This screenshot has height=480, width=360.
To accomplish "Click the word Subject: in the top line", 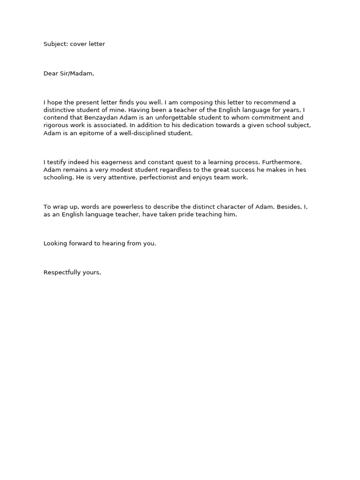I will click(56, 44).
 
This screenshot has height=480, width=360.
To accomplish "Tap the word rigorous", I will click(56, 125).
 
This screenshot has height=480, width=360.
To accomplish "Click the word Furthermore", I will click(284, 162).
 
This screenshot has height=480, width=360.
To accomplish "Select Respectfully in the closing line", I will click(62, 272).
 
